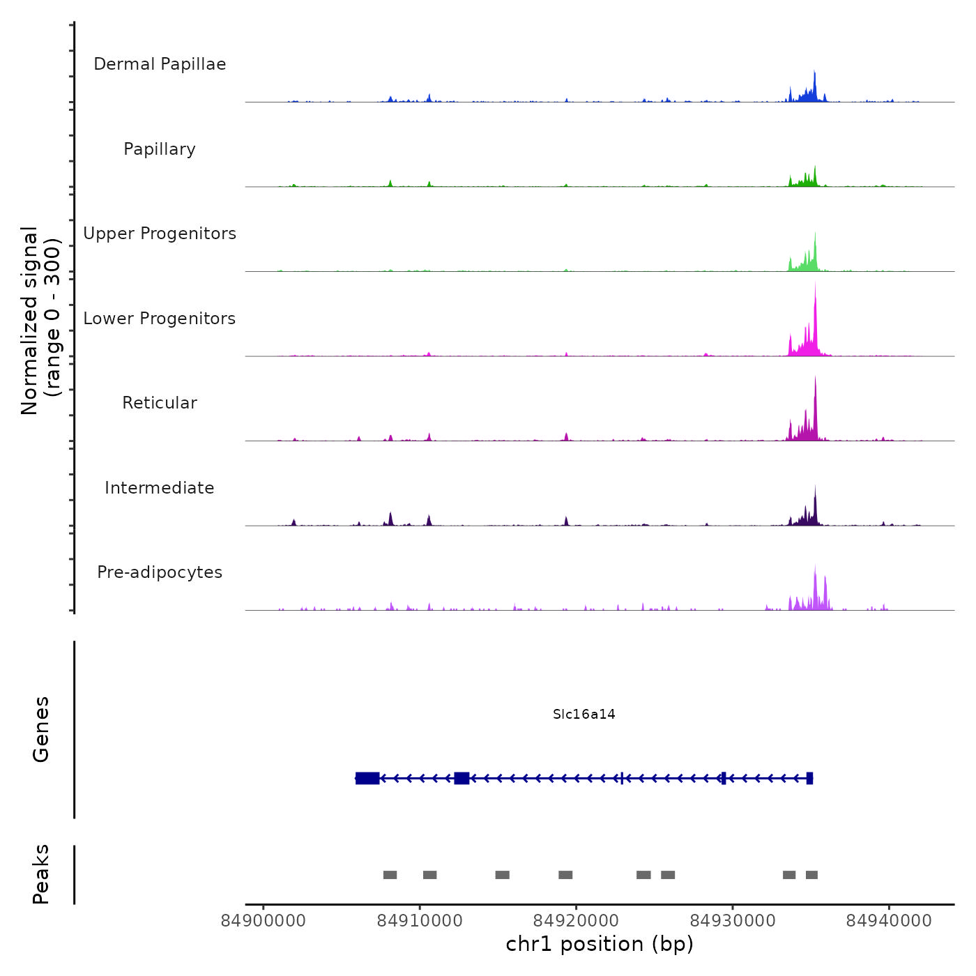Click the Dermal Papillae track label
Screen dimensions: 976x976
[x=160, y=64]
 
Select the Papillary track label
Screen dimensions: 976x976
[x=160, y=149]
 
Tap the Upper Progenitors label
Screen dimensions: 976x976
[x=160, y=234]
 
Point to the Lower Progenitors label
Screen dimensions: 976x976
[x=160, y=319]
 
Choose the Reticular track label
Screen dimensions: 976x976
[x=160, y=403]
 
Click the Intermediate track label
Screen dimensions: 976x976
[x=160, y=488]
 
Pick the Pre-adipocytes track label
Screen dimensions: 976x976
[x=160, y=572]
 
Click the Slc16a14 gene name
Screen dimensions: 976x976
[x=584, y=714]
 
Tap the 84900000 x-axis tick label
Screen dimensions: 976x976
[x=264, y=921]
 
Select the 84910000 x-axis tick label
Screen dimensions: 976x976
[x=420, y=921]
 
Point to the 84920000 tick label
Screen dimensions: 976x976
[x=576, y=921]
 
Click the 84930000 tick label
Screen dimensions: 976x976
[x=733, y=921]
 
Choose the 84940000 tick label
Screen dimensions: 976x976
[x=889, y=921]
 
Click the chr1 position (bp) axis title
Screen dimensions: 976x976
[x=600, y=944]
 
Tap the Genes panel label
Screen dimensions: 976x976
[x=41, y=729]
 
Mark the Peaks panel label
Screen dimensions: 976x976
[x=41, y=874]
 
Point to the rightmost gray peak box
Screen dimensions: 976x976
[x=811, y=875]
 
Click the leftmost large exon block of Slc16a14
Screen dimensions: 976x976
[x=367, y=778]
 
